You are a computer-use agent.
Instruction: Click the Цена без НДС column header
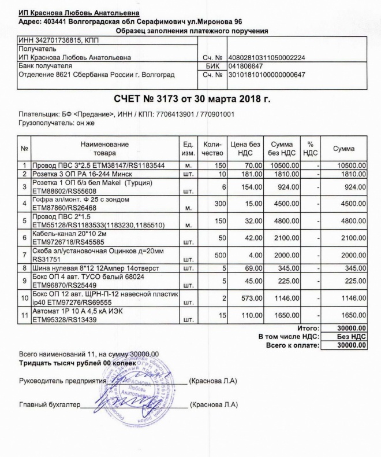(x=246, y=149)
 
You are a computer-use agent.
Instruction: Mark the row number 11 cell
(x=25, y=316)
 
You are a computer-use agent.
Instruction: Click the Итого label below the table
(x=308, y=328)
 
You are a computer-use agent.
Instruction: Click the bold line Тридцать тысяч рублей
(x=77, y=363)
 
